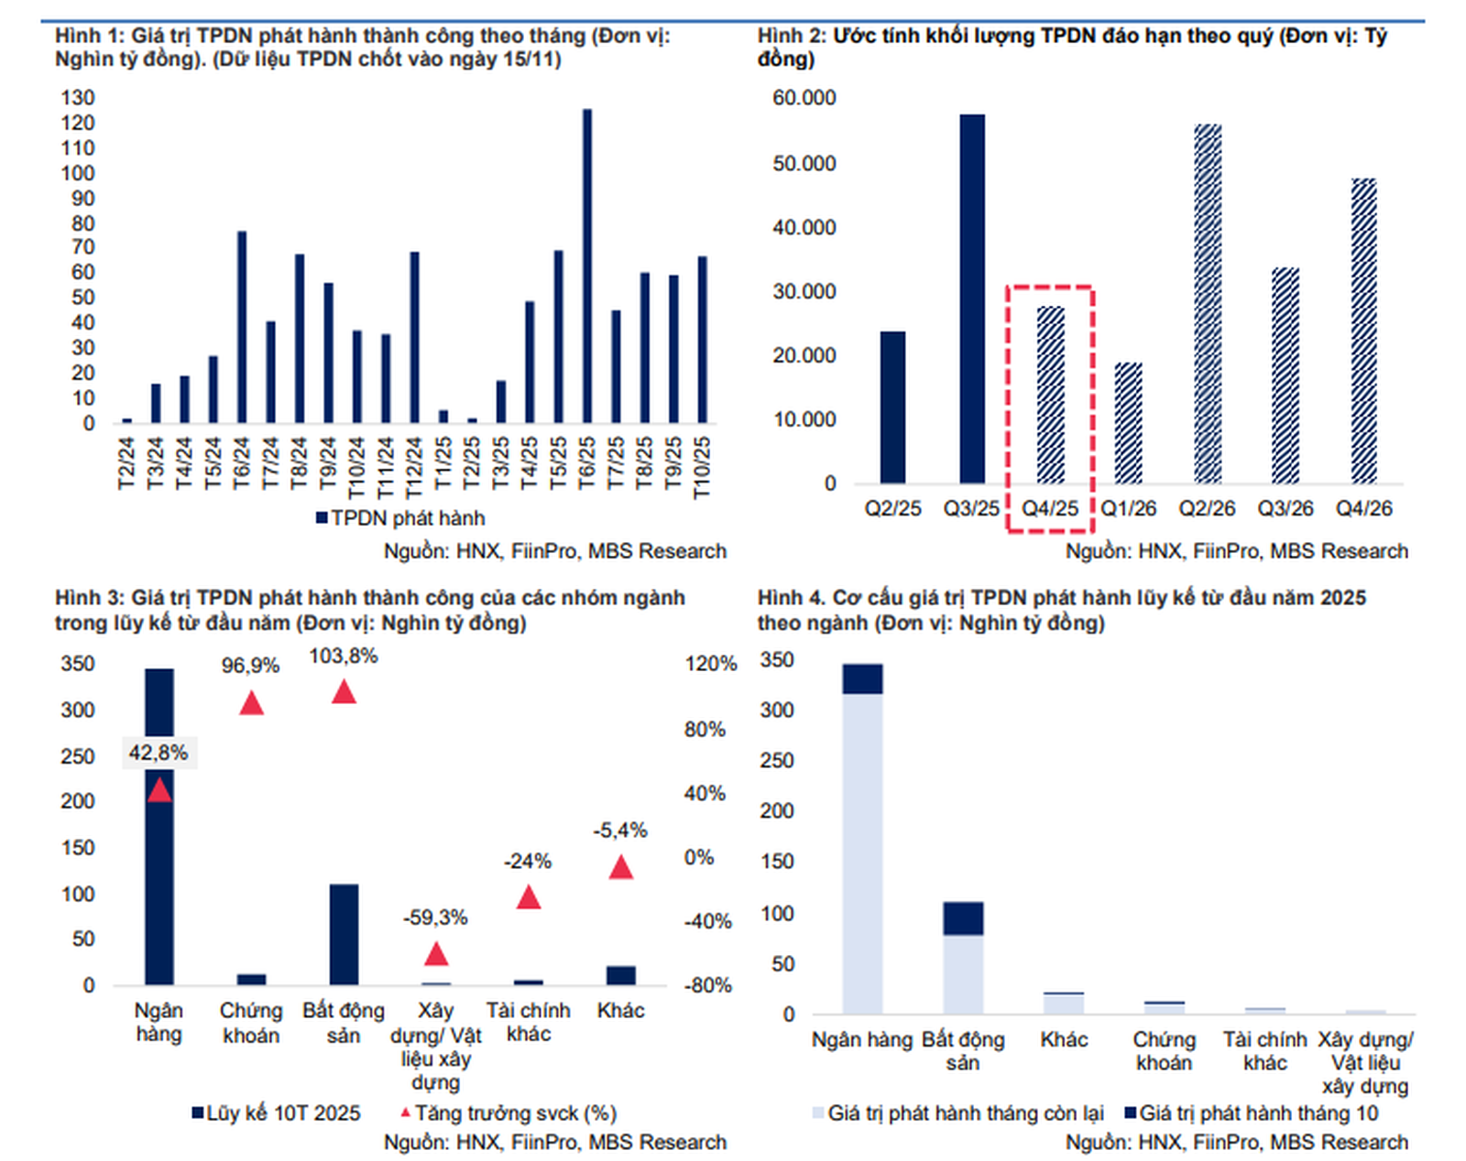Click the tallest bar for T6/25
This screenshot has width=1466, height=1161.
coord(586,266)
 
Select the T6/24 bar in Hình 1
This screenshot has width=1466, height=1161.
coord(242,327)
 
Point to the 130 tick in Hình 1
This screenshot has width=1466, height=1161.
coord(78,98)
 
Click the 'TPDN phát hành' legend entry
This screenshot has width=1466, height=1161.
coord(400,518)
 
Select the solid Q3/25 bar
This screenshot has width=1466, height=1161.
coord(972,298)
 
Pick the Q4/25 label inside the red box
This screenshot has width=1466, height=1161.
coord(1050,509)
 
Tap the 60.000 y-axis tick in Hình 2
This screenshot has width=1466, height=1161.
coord(804,98)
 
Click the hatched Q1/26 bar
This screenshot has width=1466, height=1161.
coord(1128,423)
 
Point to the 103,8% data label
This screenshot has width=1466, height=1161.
coord(344,656)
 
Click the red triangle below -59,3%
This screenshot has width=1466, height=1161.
coord(436,955)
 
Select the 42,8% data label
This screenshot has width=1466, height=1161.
coord(159,753)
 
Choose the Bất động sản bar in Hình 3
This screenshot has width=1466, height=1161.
coord(344,934)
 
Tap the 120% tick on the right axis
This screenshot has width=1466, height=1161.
coord(711,664)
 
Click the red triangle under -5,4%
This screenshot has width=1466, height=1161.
coord(621,868)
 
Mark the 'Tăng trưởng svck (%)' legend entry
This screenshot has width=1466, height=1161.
coord(509,1113)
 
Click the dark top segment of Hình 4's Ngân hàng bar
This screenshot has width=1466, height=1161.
coord(862,678)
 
